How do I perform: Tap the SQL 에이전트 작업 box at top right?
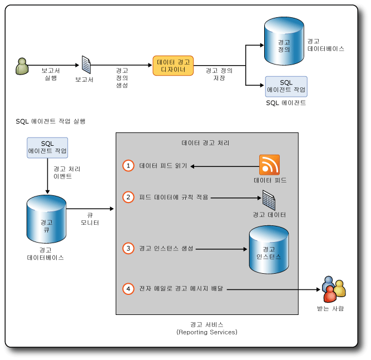(286, 86)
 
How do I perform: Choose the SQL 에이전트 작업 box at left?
(47, 147)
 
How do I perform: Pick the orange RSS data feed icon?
(269, 165)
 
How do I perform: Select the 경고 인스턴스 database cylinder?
(269, 251)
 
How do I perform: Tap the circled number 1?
(128, 166)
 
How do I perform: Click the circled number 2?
(128, 197)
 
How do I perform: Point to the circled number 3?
(128, 248)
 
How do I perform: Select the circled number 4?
(128, 289)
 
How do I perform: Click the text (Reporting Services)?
(207, 332)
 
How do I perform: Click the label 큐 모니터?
(90, 219)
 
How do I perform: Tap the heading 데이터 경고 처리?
(206, 143)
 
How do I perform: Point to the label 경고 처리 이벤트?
(62, 172)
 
